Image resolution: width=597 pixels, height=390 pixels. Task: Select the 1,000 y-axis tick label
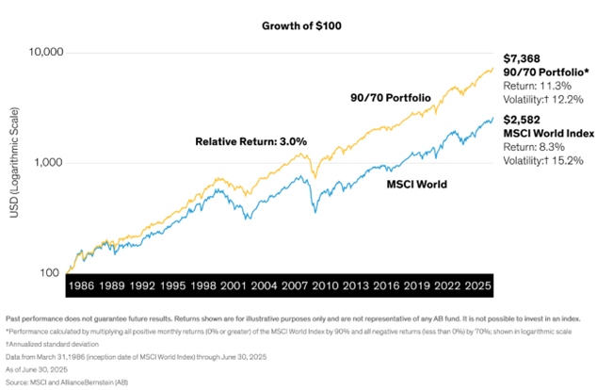[x=46, y=162]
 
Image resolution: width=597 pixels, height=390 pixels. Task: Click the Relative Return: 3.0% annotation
[x=252, y=141]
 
